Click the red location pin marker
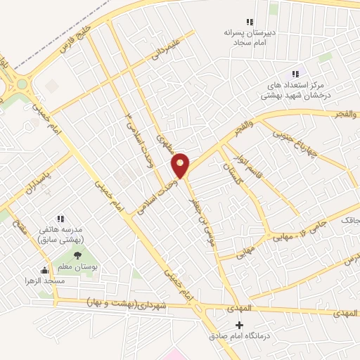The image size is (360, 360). click(181, 165)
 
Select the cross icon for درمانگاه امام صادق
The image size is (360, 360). click(240, 325)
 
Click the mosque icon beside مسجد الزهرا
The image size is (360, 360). click(45, 270)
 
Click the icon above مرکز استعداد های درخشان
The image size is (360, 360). click(295, 74)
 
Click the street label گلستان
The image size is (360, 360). click(230, 169)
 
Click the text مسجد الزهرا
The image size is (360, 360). click(45, 280)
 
